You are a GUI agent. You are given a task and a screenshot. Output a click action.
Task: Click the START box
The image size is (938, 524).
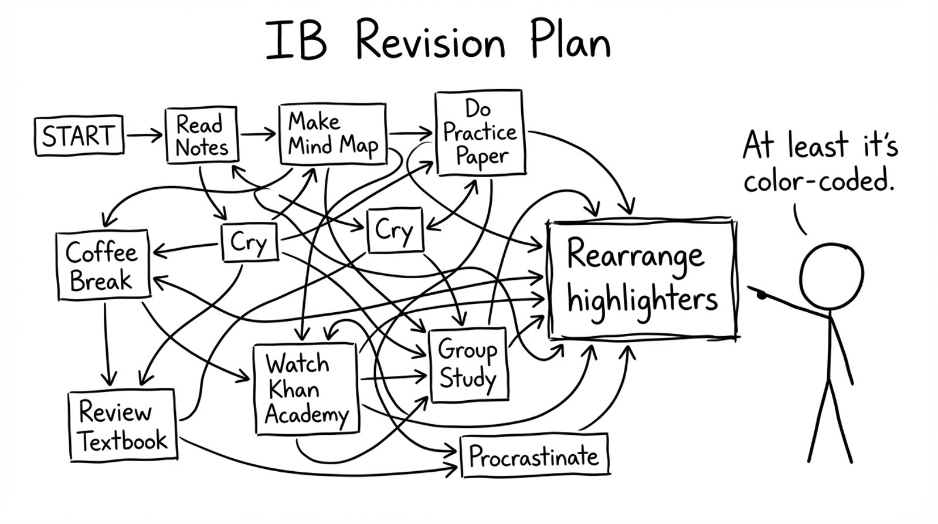[79, 136]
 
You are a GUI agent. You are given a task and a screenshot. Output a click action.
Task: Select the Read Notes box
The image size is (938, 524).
[201, 135]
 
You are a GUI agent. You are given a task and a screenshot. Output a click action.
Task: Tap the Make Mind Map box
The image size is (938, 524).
[332, 135]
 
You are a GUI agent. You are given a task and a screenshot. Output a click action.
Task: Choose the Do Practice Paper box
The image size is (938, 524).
[480, 133]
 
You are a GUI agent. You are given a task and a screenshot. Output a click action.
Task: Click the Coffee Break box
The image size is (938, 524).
[103, 266]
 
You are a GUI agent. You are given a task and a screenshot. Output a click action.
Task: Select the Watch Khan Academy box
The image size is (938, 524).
[306, 389]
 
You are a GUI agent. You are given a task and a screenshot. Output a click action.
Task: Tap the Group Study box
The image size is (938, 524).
[468, 364]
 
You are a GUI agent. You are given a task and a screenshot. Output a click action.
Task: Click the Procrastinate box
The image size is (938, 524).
[534, 455]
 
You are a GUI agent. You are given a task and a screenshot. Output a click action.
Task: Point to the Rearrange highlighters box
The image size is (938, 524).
[642, 280]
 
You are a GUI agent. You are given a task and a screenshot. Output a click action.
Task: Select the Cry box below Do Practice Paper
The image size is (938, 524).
[394, 229]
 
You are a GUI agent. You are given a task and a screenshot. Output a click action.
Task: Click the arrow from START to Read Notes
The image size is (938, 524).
[144, 136]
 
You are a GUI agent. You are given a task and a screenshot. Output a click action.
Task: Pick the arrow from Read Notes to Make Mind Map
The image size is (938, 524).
[258, 134]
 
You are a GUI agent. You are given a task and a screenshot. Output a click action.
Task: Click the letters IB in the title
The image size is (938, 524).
[296, 41]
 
